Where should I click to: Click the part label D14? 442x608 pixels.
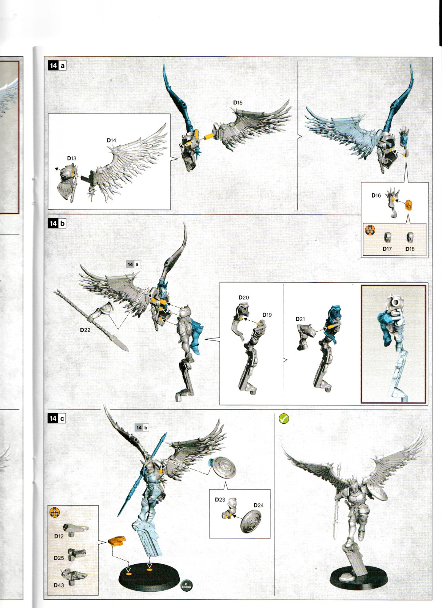tap(111, 140)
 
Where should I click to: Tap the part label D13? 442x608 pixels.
tap(71, 158)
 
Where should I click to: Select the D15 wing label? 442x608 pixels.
tap(238, 103)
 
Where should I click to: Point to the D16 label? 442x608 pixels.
tap(376, 195)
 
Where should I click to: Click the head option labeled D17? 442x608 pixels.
tap(387, 249)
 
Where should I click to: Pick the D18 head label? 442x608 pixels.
tap(410, 249)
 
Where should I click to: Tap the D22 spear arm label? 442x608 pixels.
tap(85, 330)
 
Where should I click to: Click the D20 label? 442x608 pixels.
tap(243, 298)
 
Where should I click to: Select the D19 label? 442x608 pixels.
tap(267, 315)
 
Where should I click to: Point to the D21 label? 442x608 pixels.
tap(300, 319)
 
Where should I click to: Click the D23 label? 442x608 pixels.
tap(220, 500)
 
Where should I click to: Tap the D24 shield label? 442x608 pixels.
tap(258, 505)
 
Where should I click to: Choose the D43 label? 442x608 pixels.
tap(58, 585)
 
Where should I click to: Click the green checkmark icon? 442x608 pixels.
tap(284, 418)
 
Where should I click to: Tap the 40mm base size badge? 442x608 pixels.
tap(186, 585)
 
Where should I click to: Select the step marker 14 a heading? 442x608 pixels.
tap(57, 65)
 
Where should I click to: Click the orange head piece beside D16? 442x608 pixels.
tap(409, 205)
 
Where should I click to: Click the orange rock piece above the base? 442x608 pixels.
tap(117, 541)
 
